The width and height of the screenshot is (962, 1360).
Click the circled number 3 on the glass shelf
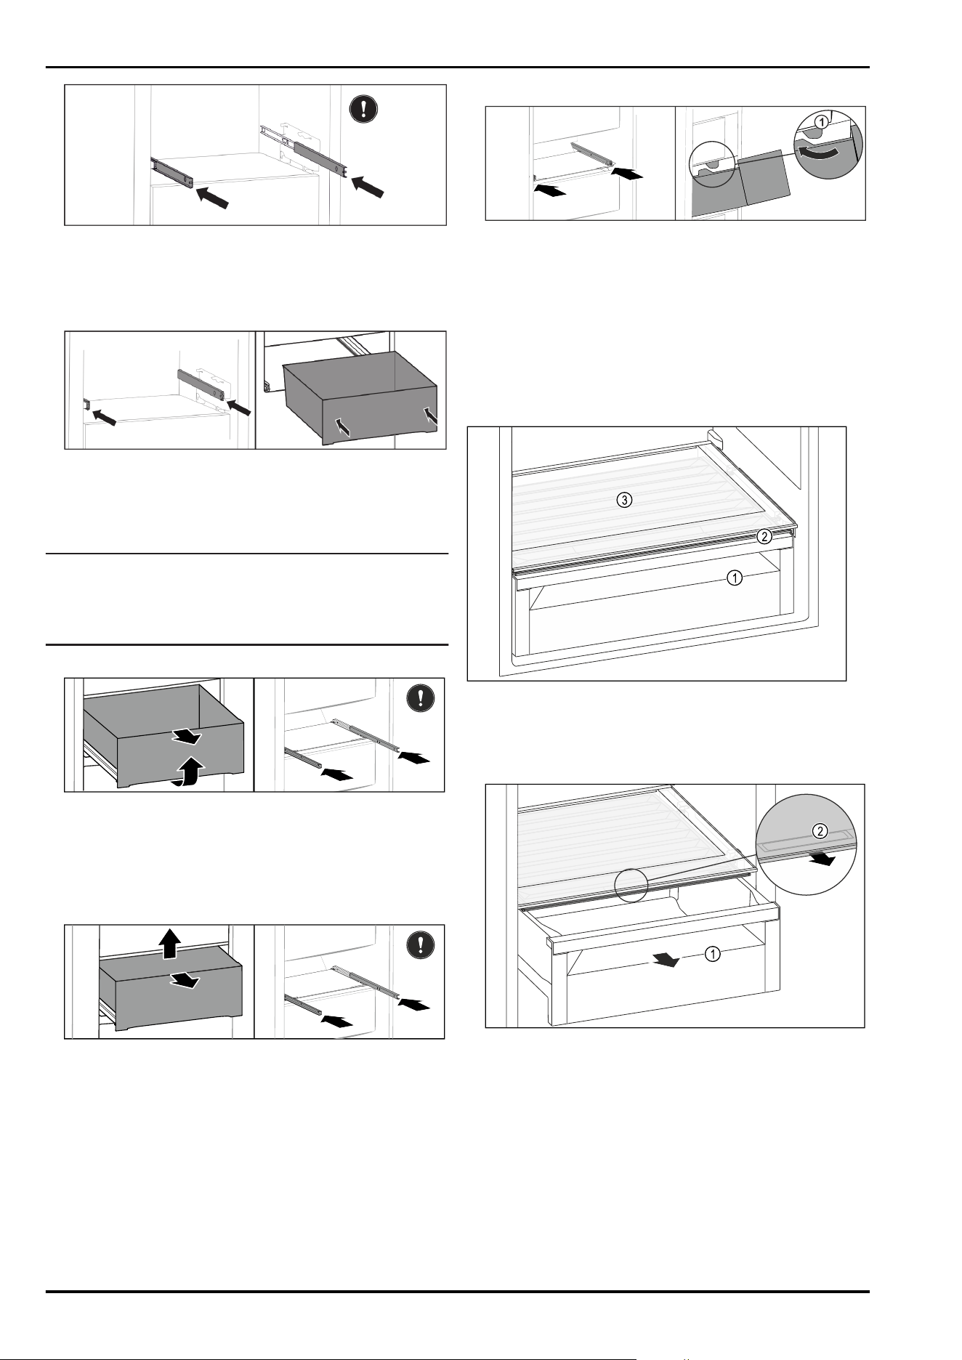click(624, 500)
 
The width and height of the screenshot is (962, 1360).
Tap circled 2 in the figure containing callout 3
click(764, 537)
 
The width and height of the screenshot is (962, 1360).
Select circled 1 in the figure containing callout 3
click(735, 578)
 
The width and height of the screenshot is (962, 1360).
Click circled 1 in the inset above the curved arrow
click(820, 123)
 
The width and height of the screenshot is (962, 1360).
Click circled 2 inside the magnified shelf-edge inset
click(819, 832)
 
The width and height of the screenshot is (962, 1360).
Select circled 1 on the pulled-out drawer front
click(714, 954)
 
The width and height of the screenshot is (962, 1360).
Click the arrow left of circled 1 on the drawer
click(666, 960)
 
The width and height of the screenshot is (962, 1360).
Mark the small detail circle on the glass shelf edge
click(631, 886)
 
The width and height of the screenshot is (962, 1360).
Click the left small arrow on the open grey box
click(341, 426)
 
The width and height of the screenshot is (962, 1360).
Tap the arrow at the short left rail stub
click(103, 416)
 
